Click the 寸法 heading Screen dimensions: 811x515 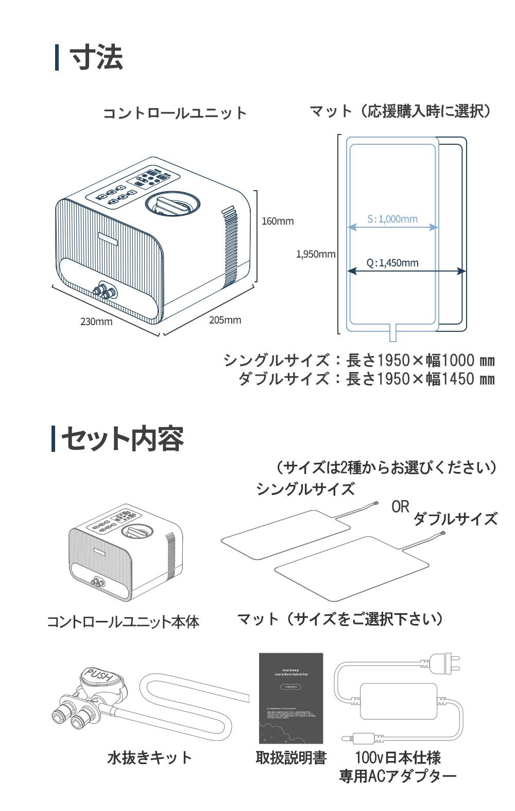[96, 57]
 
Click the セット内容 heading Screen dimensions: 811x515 [123, 439]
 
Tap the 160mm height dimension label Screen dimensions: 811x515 [278, 221]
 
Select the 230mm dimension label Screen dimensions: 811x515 [96, 322]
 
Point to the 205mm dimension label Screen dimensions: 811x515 [225, 320]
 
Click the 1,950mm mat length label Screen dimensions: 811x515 [316, 254]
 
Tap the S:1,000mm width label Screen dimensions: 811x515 [392, 219]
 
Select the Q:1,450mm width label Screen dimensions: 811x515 [392, 263]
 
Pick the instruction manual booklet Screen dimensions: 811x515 [291, 698]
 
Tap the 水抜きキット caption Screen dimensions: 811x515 [149, 757]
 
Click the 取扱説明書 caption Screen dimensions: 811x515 [291, 757]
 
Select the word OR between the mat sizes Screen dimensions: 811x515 [400, 506]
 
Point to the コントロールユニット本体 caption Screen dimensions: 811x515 [123, 621]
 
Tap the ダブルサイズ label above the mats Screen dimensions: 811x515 [455, 518]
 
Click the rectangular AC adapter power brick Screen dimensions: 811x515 [398, 701]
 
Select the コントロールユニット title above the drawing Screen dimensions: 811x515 [175, 113]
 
